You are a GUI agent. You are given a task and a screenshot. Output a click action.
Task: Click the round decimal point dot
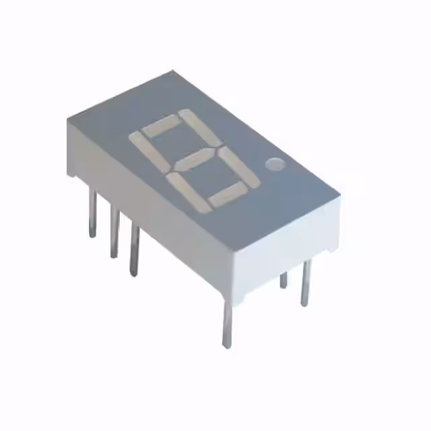[x=275, y=164]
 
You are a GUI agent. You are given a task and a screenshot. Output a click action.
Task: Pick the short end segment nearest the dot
[x=230, y=195]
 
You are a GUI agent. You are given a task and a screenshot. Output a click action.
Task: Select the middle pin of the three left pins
[x=115, y=232]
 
